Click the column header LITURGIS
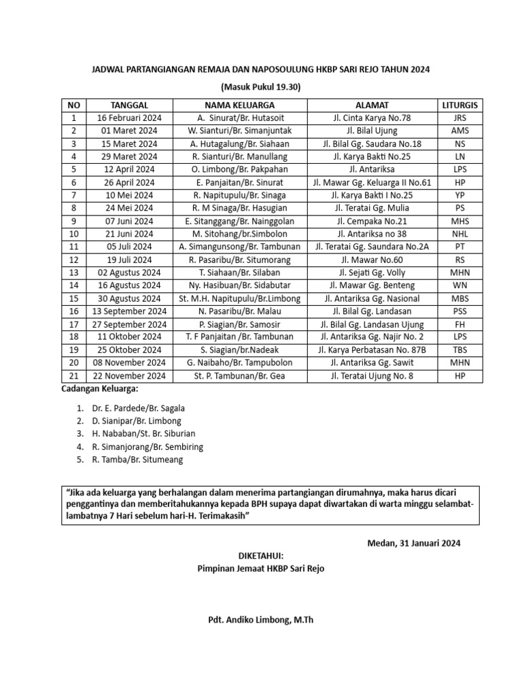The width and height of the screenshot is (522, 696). click(459, 105)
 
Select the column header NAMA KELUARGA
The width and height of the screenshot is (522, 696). click(240, 105)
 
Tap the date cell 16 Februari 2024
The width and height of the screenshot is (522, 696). click(129, 118)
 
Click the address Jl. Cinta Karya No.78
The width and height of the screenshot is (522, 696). click(372, 118)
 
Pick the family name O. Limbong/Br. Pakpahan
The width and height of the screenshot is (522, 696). click(240, 169)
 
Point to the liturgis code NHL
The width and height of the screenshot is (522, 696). click(459, 234)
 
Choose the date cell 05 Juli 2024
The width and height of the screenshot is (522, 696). click(129, 247)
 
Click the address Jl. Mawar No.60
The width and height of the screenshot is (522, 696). click(372, 260)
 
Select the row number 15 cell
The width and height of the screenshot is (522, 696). click(74, 298)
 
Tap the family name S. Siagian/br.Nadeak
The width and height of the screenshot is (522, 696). click(240, 350)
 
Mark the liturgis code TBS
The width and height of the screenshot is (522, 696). click(459, 350)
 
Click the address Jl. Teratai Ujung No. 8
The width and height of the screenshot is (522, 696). click(372, 376)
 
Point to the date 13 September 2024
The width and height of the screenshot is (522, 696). click(129, 311)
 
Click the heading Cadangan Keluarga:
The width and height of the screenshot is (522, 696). click(100, 389)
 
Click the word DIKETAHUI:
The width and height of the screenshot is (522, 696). click(261, 555)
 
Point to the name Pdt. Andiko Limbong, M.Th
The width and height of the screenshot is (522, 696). click(261, 620)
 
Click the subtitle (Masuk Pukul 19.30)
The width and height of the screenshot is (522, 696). click(261, 86)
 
